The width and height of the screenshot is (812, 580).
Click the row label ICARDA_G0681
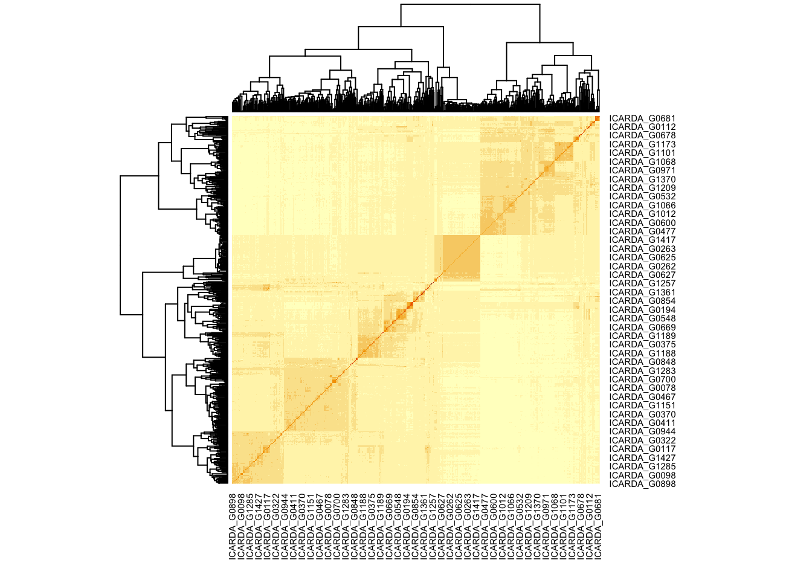pyautogui.click(x=642, y=119)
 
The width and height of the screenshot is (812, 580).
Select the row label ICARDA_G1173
pyautogui.click(x=642, y=145)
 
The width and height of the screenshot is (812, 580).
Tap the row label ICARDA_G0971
pyautogui.click(x=642, y=171)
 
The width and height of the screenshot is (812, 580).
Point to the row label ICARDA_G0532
pyautogui.click(x=642, y=197)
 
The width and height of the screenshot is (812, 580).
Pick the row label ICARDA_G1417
pyautogui.click(x=642, y=240)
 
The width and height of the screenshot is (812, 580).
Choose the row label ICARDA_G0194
pyautogui.click(x=642, y=310)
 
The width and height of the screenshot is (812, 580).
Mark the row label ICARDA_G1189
pyautogui.click(x=642, y=336)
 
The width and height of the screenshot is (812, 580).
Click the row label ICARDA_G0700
pyautogui.click(x=642, y=379)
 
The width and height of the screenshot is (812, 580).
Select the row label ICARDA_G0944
pyautogui.click(x=642, y=432)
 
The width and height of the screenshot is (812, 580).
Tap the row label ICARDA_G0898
pyautogui.click(x=642, y=484)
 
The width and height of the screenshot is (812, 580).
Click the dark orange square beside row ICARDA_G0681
pyautogui.click(x=597, y=118)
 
